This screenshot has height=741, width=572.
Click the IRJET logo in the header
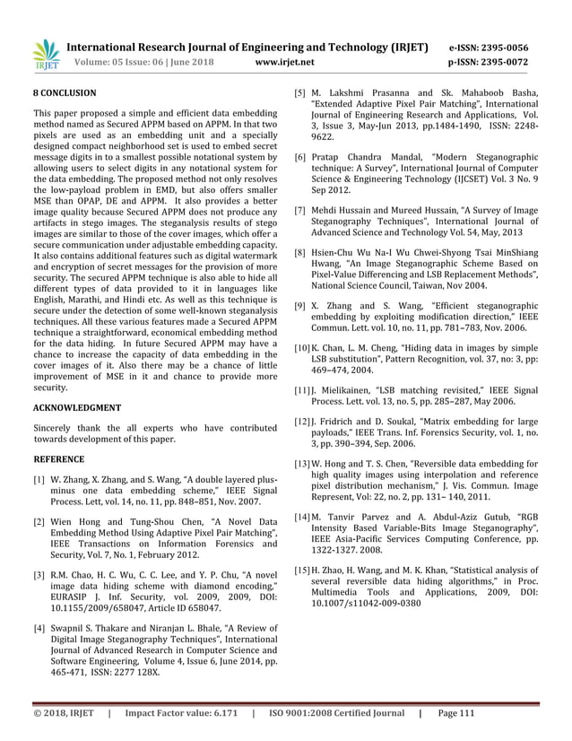(x=44, y=56)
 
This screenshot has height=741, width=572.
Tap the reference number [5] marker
(x=302, y=92)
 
